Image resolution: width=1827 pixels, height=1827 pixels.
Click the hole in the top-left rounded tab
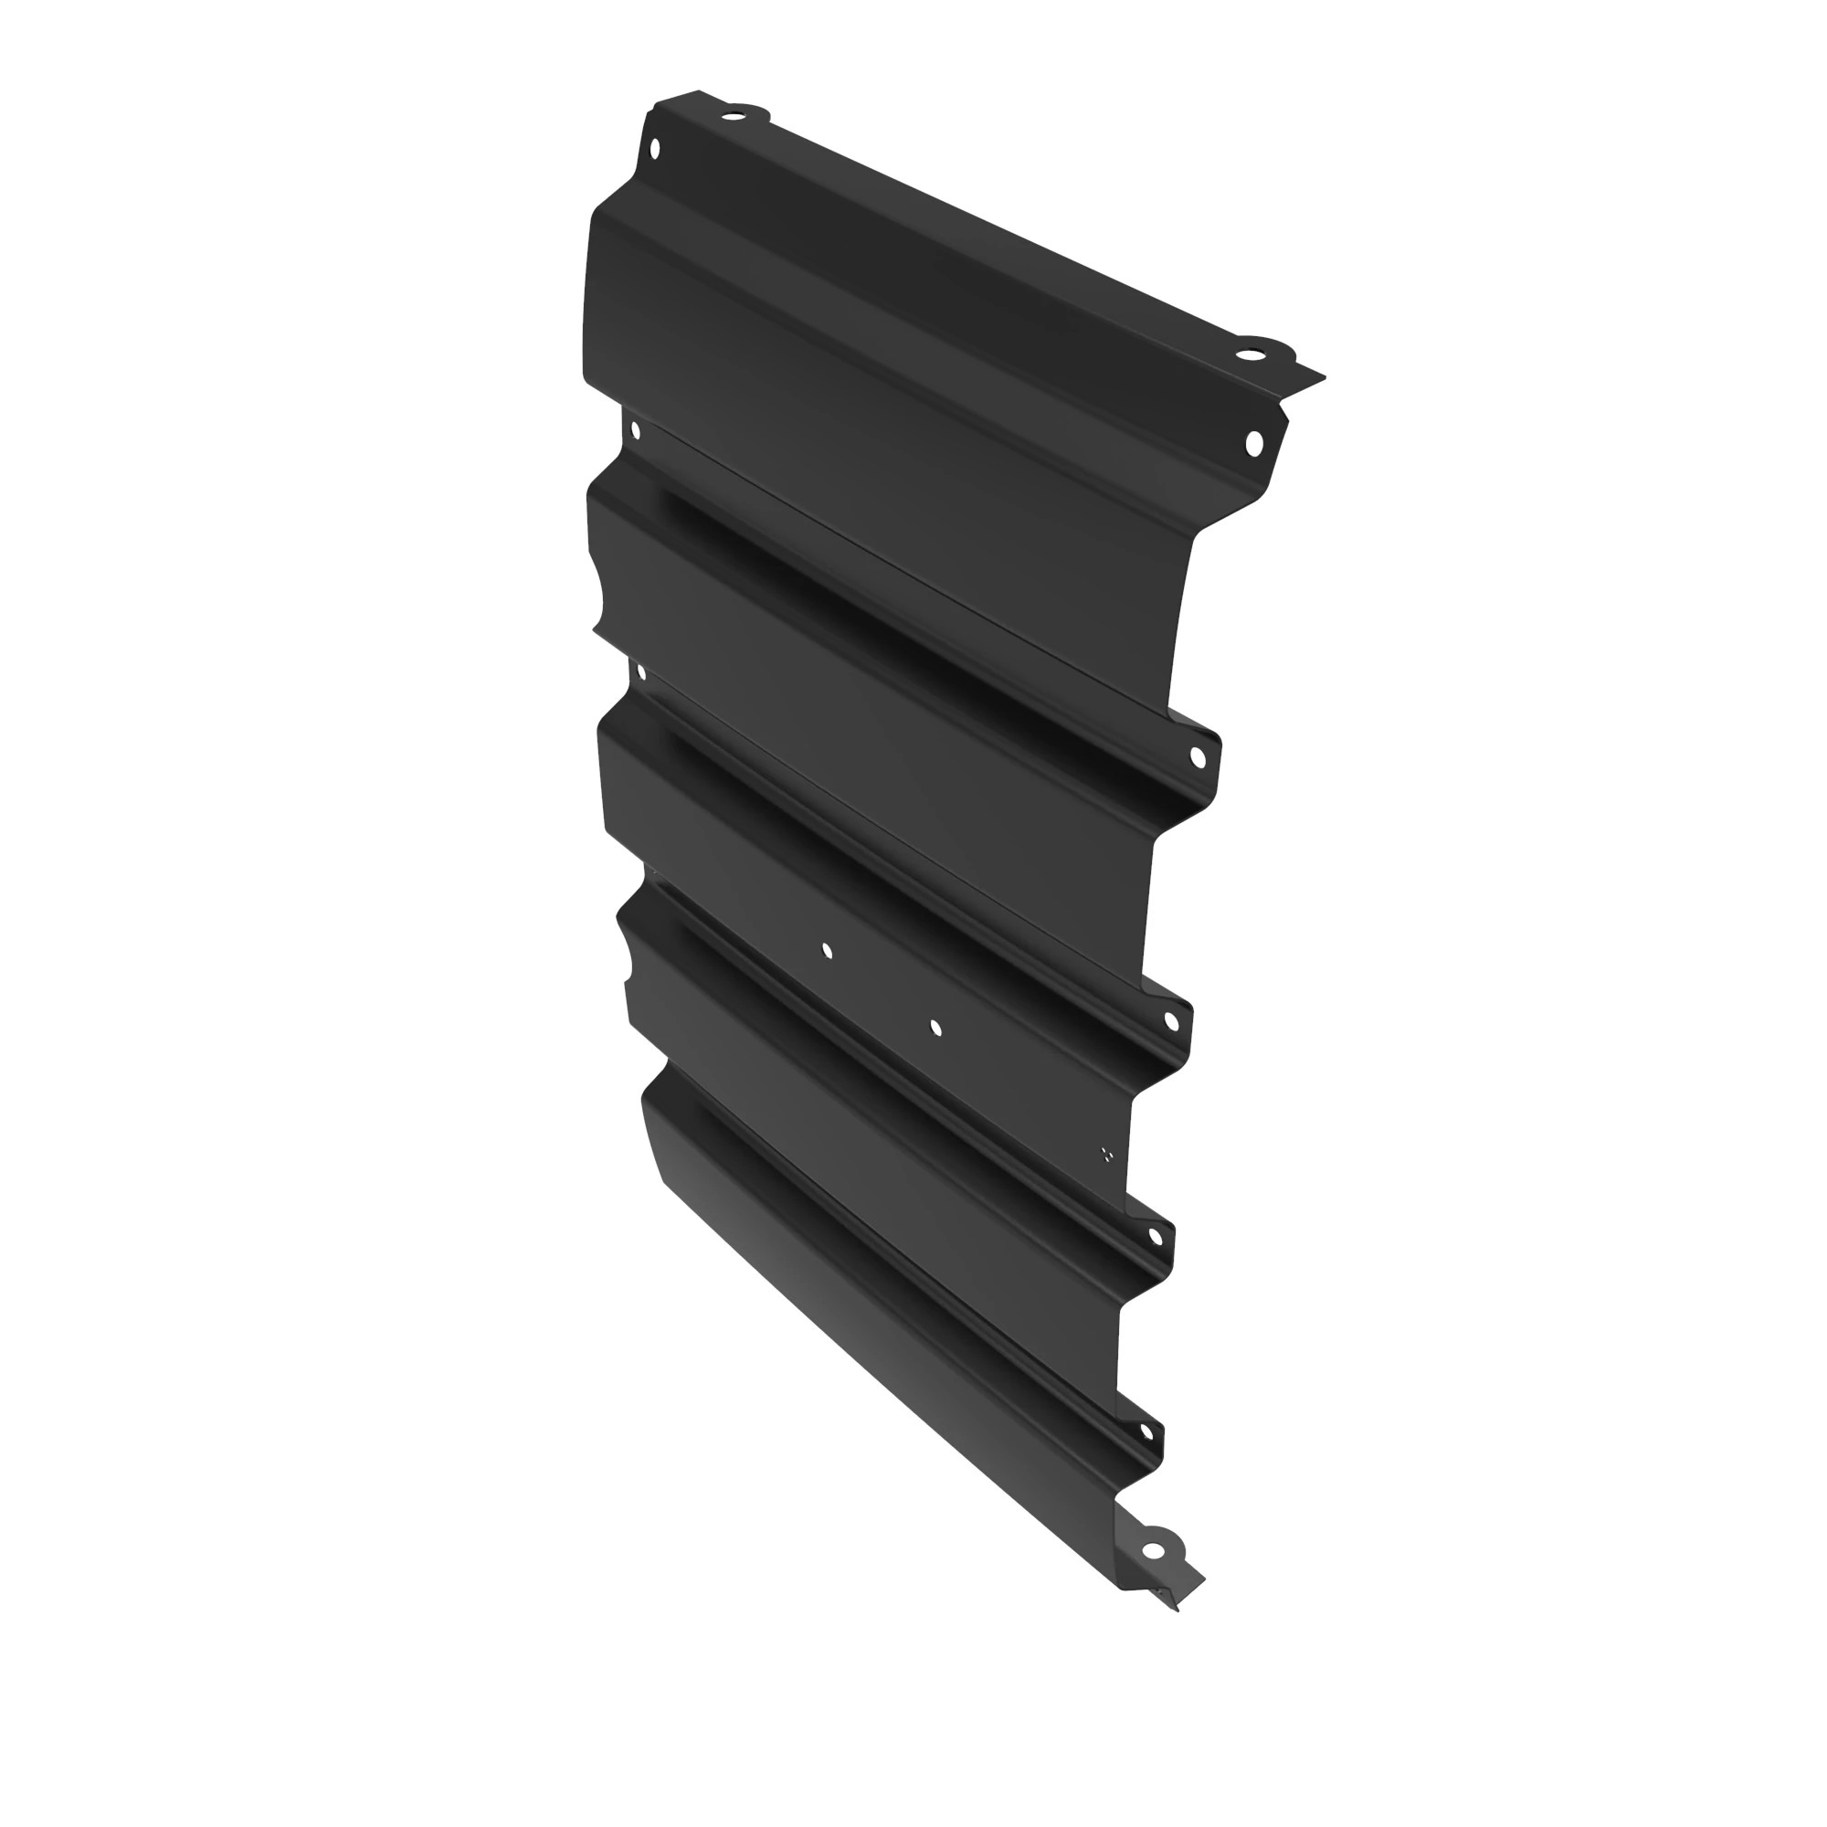[732, 117]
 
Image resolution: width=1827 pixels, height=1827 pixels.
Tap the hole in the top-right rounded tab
[1251, 354]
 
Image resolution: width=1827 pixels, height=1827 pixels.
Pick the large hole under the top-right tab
[1254, 441]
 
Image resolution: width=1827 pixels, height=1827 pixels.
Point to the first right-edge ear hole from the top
[1197, 756]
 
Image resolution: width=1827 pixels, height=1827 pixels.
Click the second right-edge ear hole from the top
[1171, 1021]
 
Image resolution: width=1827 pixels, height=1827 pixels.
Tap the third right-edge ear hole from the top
[1155, 1236]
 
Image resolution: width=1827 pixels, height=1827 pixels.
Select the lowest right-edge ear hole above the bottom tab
[1146, 1431]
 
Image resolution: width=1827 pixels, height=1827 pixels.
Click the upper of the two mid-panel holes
[828, 950]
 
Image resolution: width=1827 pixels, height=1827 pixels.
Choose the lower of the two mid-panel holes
[935, 1027]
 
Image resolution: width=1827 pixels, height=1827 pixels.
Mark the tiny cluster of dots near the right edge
[1106, 1154]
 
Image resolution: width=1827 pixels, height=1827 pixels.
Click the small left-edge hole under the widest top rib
[636, 431]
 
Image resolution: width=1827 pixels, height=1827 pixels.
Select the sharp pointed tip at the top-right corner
[1324, 376]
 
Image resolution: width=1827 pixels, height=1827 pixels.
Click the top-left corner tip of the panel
[698, 90]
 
